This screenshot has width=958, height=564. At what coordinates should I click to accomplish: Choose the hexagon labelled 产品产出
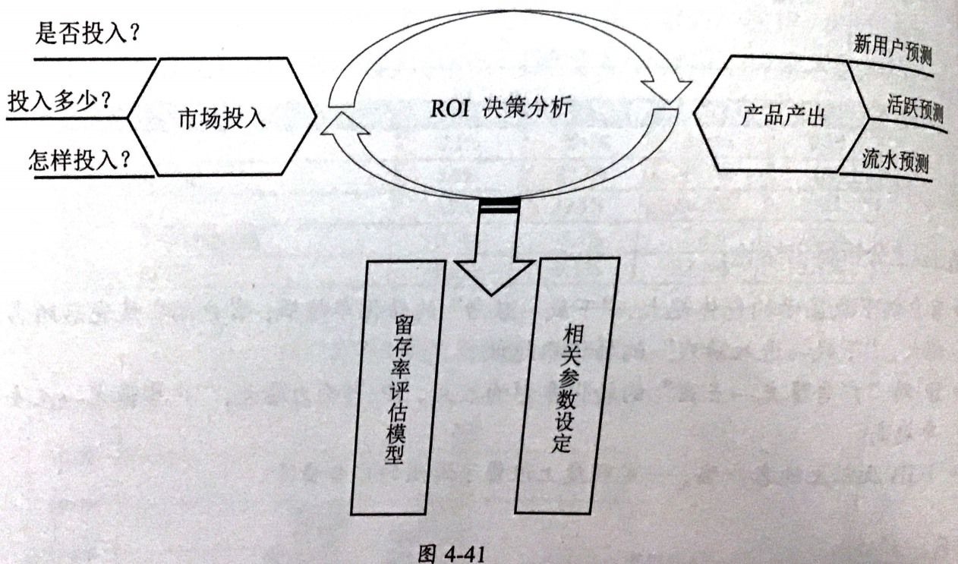point(782,115)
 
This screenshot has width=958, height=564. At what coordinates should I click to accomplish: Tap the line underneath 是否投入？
point(95,58)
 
